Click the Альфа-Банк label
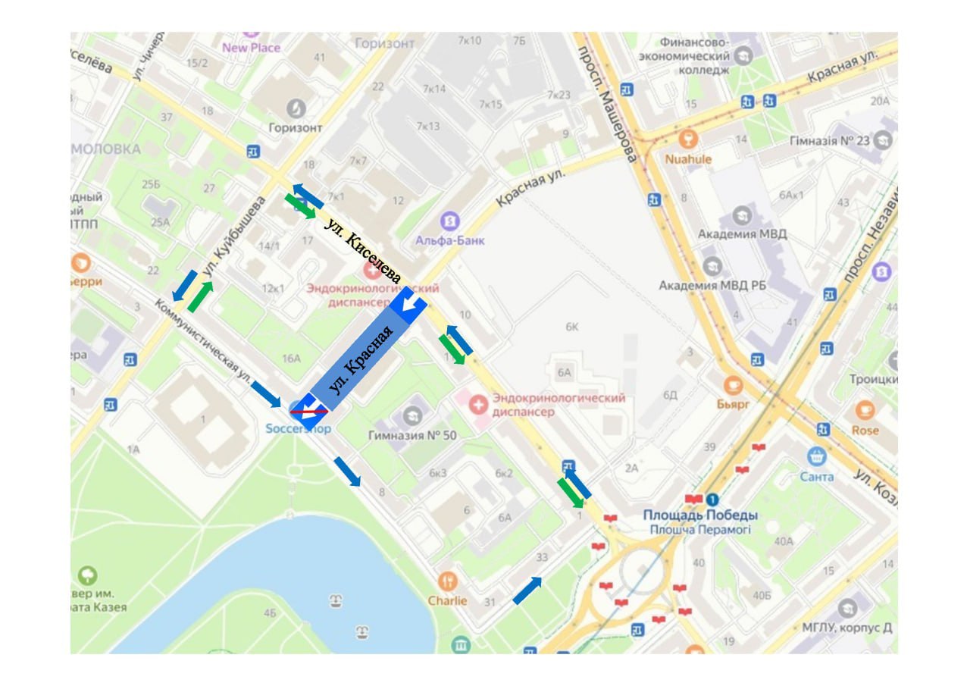(x=450, y=240)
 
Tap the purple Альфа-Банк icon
(x=450, y=221)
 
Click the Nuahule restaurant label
(x=688, y=159)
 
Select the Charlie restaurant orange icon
(x=448, y=581)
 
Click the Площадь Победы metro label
(x=700, y=515)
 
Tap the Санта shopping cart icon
(x=816, y=457)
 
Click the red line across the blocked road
(x=309, y=411)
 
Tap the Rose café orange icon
(x=865, y=411)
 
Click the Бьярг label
(x=733, y=404)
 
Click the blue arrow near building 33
(x=527, y=590)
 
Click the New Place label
(x=251, y=48)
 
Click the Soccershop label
(x=299, y=428)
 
